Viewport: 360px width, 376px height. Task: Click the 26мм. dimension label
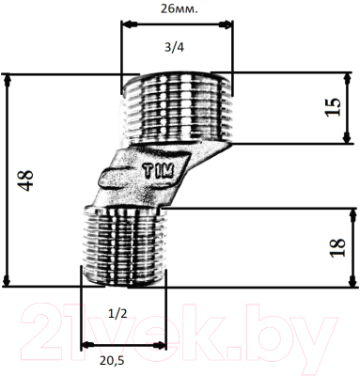(x=180, y=9)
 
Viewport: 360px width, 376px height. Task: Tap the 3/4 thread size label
(x=175, y=47)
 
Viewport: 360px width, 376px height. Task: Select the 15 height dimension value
(x=333, y=107)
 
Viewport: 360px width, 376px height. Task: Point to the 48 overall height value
(x=25, y=180)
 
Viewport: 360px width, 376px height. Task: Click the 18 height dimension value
(x=337, y=247)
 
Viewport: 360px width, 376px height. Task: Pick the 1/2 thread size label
(x=117, y=314)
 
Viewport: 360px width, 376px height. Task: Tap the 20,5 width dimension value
(x=112, y=361)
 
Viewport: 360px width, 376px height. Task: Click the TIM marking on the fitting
(x=159, y=172)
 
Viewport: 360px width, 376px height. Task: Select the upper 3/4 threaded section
(x=178, y=107)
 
